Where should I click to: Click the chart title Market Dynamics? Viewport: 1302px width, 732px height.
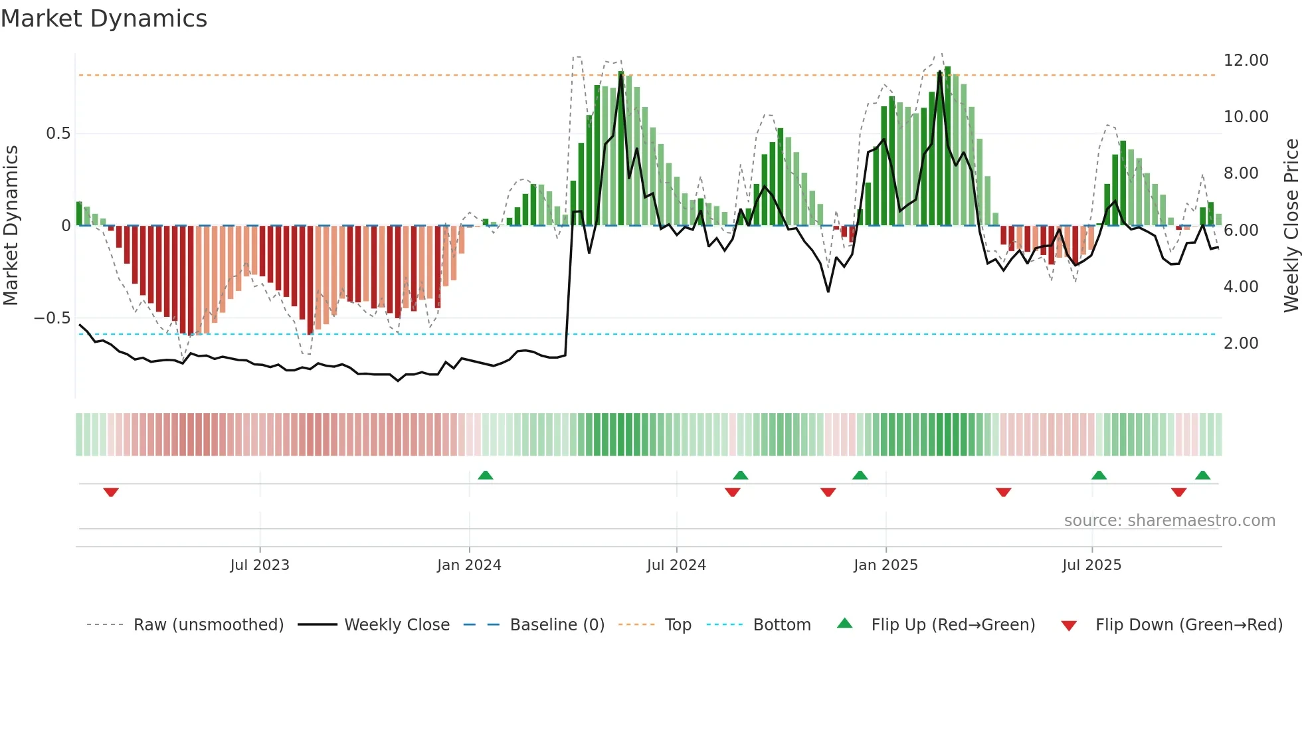point(104,19)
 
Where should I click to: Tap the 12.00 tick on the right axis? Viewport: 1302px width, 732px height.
point(1246,60)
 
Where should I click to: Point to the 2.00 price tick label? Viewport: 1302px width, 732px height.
point(1240,343)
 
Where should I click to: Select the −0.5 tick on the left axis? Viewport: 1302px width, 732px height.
point(52,318)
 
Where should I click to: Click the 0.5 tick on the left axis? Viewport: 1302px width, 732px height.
point(58,134)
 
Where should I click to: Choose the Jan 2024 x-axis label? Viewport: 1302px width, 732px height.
point(469,565)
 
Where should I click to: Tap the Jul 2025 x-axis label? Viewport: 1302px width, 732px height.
point(1091,565)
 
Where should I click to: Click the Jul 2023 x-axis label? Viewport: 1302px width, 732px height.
point(260,565)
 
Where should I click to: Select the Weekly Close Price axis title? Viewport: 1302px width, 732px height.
point(1291,225)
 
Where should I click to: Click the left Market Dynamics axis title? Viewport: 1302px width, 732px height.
point(11,225)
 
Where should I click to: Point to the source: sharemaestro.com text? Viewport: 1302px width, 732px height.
point(1169,521)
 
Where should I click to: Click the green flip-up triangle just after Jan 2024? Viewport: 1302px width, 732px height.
point(486,475)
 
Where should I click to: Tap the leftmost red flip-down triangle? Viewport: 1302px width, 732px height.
point(111,492)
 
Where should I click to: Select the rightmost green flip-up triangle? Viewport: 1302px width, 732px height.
point(1202,475)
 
